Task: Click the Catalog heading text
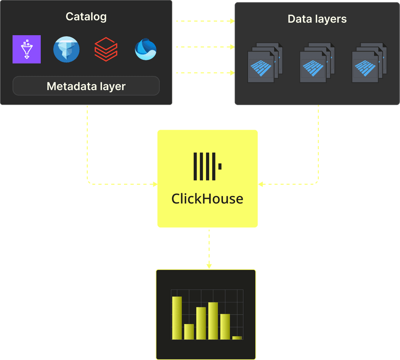click(86, 17)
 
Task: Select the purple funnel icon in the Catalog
click(27, 49)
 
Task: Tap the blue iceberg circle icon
click(66, 49)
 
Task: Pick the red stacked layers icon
click(106, 49)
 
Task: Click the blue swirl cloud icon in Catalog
click(146, 50)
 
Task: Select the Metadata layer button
click(86, 86)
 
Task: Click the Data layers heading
click(317, 19)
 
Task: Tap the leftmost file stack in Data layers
click(264, 62)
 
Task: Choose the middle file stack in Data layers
click(317, 62)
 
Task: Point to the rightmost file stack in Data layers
click(369, 62)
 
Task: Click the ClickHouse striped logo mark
click(207, 166)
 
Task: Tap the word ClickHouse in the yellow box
click(207, 199)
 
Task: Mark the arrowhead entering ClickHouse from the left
click(155, 184)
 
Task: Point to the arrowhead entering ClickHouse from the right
click(260, 184)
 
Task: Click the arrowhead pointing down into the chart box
click(209, 266)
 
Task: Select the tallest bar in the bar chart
click(177, 318)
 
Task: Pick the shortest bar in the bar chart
click(237, 338)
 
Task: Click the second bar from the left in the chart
click(189, 332)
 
